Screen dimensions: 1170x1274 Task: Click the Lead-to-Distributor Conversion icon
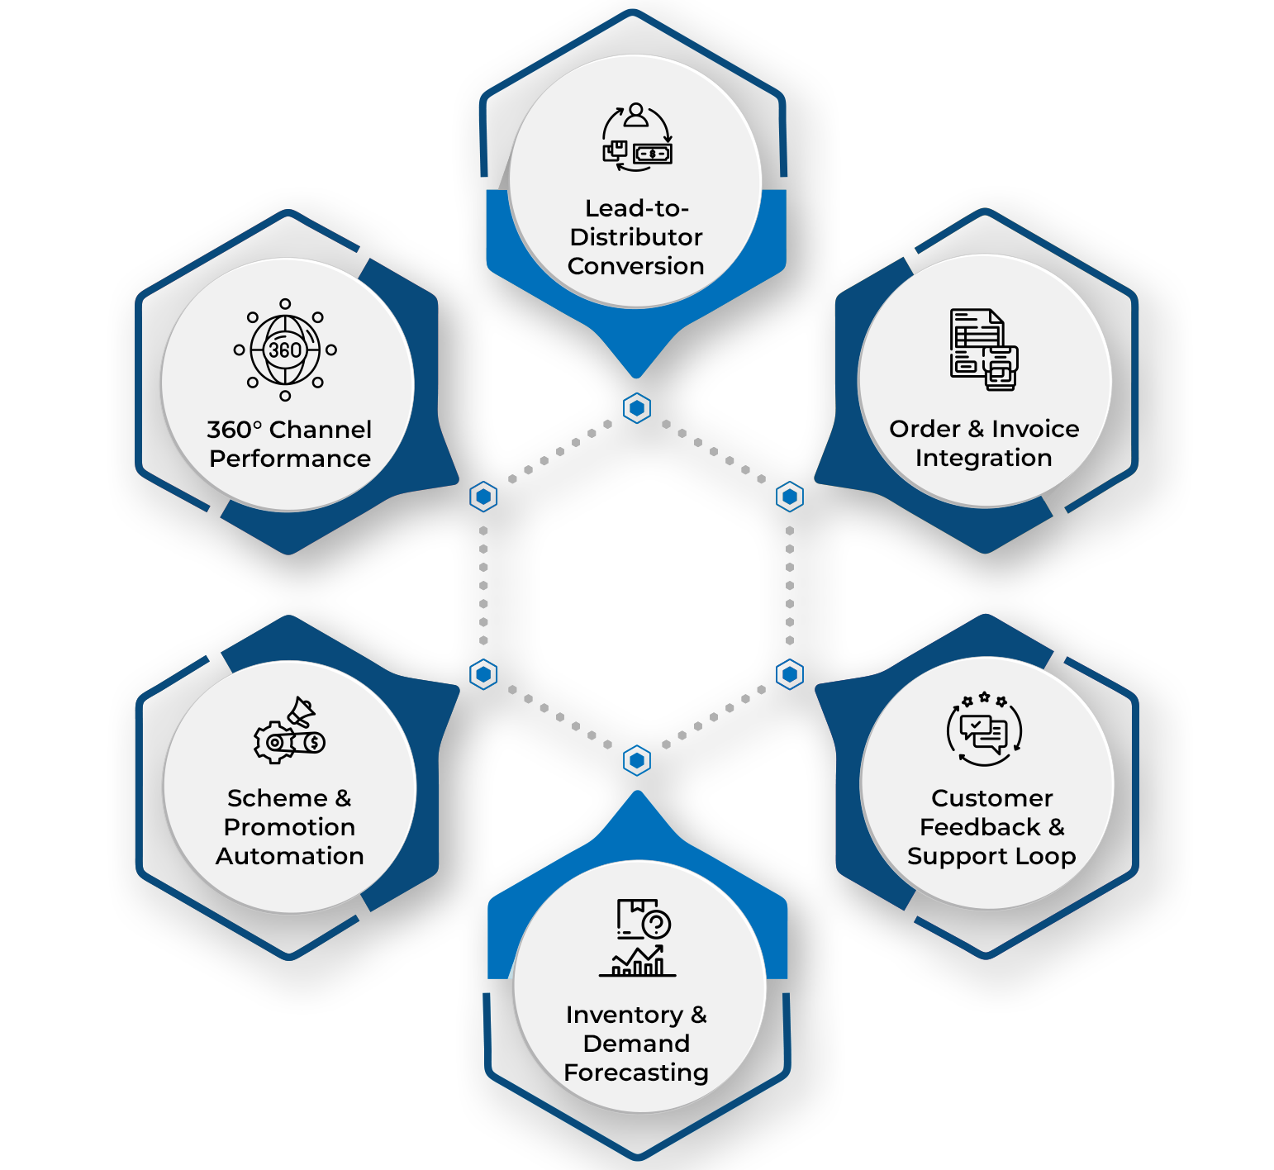636,137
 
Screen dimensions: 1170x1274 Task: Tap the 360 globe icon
285,350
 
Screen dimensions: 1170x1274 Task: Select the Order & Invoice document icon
984,349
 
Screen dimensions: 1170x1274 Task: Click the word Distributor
636,237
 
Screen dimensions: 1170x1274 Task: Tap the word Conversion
636,266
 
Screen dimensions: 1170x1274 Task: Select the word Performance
290,459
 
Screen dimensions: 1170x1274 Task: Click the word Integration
983,458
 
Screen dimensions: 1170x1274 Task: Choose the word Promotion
289,827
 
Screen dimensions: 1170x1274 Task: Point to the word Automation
290,856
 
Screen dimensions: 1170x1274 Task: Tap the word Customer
991,798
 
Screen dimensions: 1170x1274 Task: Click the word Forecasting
636,1072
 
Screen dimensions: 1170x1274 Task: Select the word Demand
636,1044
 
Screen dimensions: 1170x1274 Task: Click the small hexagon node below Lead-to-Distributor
637,408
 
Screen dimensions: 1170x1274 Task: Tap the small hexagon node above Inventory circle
637,760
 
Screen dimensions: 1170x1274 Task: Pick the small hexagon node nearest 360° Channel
483,497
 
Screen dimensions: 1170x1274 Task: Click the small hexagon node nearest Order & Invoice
790,497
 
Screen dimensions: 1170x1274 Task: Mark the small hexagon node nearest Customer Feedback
790,674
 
